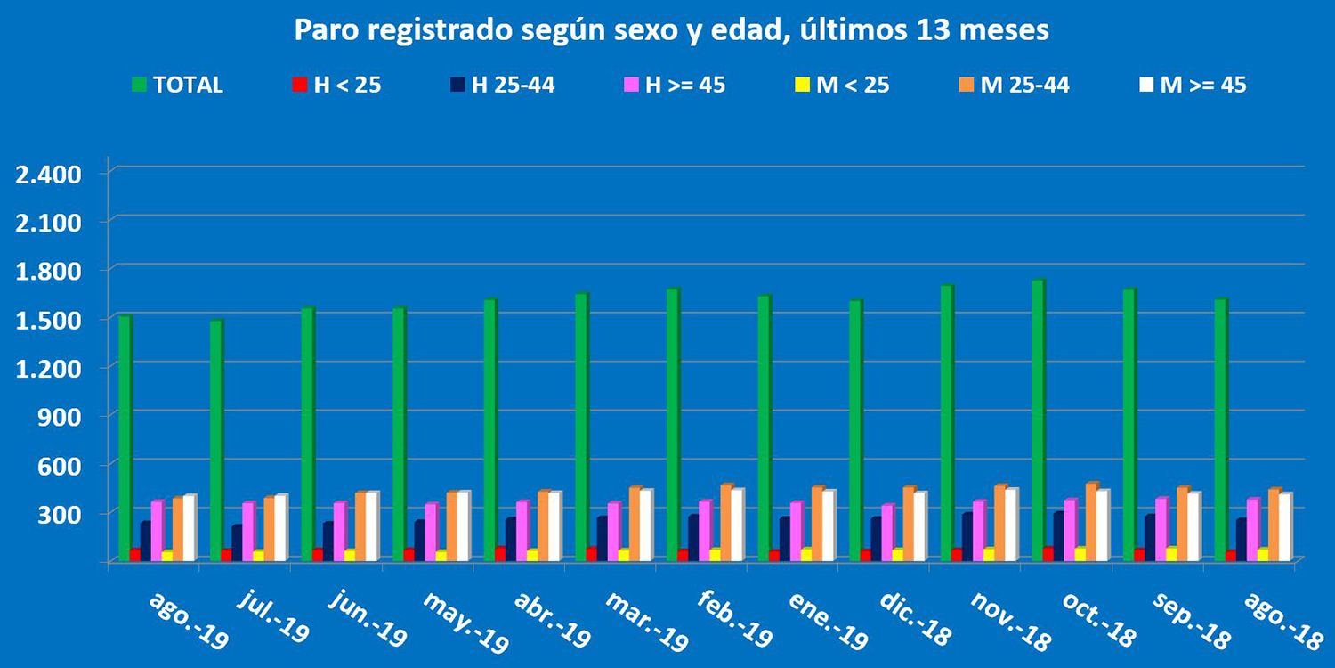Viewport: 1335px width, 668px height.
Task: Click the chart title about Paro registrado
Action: pos(672,30)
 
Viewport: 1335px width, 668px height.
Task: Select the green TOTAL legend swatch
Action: pos(140,86)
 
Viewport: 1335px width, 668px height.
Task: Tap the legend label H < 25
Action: pos(347,86)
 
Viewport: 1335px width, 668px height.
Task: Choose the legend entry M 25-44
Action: pos(1024,86)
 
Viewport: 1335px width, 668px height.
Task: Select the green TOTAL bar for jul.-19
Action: pos(216,441)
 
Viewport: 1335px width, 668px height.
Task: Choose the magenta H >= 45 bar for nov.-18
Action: pos(978,531)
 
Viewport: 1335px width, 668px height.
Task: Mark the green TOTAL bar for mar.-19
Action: pos(581,428)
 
